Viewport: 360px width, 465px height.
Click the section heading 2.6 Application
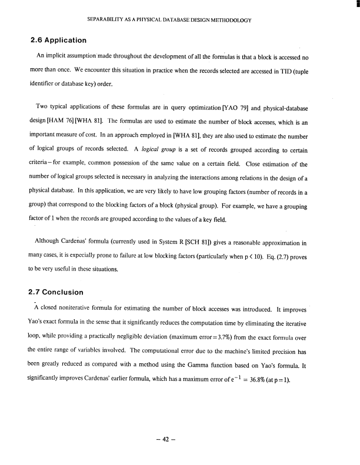58,41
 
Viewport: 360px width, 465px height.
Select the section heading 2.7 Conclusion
58,292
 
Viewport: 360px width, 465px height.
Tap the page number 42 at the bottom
180,439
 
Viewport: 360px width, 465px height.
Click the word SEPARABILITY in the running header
105,20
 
